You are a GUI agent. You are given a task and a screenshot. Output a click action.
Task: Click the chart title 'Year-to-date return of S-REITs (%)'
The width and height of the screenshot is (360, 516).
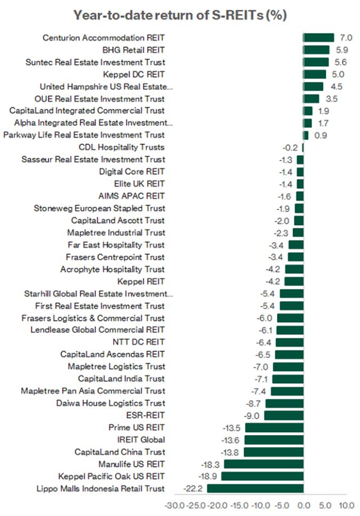pos(180,15)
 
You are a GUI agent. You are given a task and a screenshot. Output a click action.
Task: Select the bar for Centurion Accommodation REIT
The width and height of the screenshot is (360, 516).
pos(318,37)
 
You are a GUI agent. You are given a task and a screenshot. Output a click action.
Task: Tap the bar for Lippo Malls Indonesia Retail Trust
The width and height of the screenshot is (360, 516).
pos(255,488)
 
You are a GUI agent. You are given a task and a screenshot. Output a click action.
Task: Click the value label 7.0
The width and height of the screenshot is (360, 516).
pos(346,37)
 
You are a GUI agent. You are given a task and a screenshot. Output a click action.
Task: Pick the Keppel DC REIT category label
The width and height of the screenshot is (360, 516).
pos(133,74)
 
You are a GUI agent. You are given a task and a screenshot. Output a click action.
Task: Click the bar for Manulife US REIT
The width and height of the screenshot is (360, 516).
pos(263,464)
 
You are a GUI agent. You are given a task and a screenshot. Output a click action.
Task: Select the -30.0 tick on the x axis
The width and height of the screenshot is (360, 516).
pos(174,505)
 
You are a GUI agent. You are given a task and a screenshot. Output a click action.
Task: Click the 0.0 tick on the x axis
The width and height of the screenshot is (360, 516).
pos(303,505)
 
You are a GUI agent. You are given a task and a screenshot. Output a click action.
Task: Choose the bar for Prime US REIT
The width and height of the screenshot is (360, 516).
pos(274,428)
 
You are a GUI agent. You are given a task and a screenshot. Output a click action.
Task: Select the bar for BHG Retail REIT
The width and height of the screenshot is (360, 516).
pos(316,50)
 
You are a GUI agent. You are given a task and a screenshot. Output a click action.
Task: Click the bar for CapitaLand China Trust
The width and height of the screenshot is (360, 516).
pos(274,451)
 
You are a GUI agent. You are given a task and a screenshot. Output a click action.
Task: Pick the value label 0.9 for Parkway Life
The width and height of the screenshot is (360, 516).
pos(321,135)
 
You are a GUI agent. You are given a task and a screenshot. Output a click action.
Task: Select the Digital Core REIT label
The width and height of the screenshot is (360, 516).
pos(132,172)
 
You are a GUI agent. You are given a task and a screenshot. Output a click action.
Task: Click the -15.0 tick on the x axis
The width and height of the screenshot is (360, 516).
pos(239,505)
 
